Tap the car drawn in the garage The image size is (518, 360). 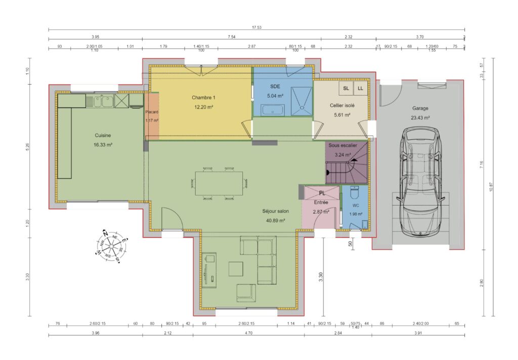(x=420, y=182)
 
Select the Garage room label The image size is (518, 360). (x=420, y=108)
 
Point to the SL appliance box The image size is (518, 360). (x=346, y=88)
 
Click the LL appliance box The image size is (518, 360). (x=361, y=88)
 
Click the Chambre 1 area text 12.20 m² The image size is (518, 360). (x=203, y=107)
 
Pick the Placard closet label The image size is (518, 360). (x=152, y=112)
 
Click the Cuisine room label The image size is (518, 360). (x=103, y=135)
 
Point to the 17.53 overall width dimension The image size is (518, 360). (x=256, y=28)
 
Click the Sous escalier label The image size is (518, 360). (x=342, y=145)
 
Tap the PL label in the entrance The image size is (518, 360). (x=322, y=193)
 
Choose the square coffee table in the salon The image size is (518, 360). (x=236, y=268)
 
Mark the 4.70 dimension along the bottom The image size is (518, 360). (x=248, y=333)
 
